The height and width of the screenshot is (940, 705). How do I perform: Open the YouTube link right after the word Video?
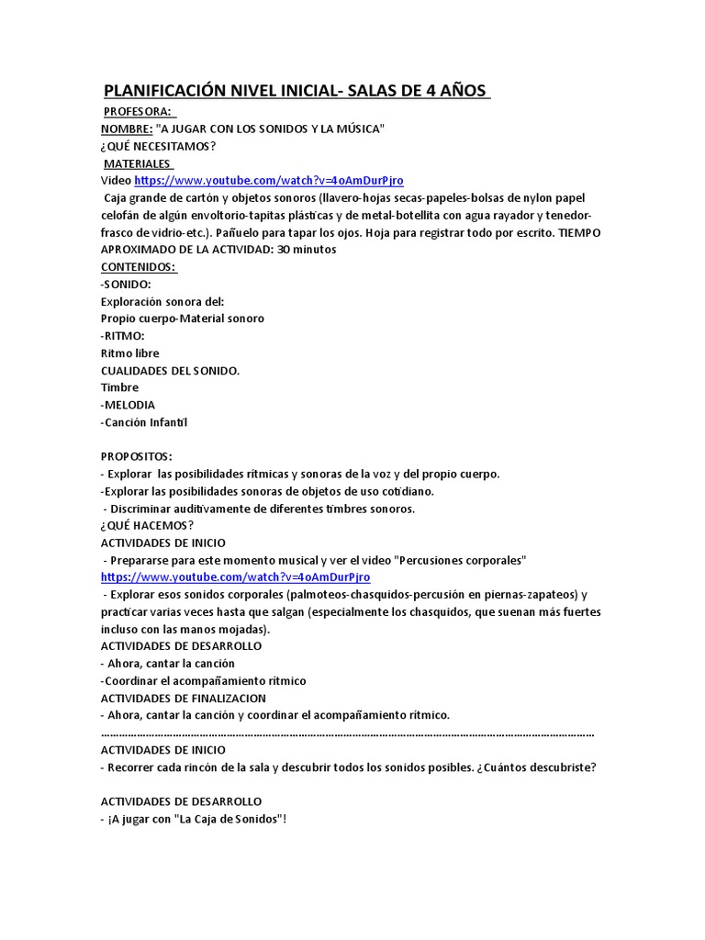click(269, 181)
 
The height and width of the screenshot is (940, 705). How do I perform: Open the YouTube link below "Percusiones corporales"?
click(235, 576)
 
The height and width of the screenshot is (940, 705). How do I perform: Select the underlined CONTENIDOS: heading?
click(138, 266)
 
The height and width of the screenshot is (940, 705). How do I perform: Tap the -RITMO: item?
click(122, 335)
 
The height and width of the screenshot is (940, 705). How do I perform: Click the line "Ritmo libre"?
click(129, 352)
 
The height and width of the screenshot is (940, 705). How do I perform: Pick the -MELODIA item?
click(128, 405)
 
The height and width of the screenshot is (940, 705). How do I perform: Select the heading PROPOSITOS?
click(136, 456)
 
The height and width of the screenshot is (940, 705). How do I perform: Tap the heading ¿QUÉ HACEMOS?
click(147, 525)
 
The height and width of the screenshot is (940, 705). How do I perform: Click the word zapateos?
click(550, 594)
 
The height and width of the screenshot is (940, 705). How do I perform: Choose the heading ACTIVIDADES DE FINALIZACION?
click(189, 698)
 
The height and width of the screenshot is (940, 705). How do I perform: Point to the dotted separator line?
click(347, 734)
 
